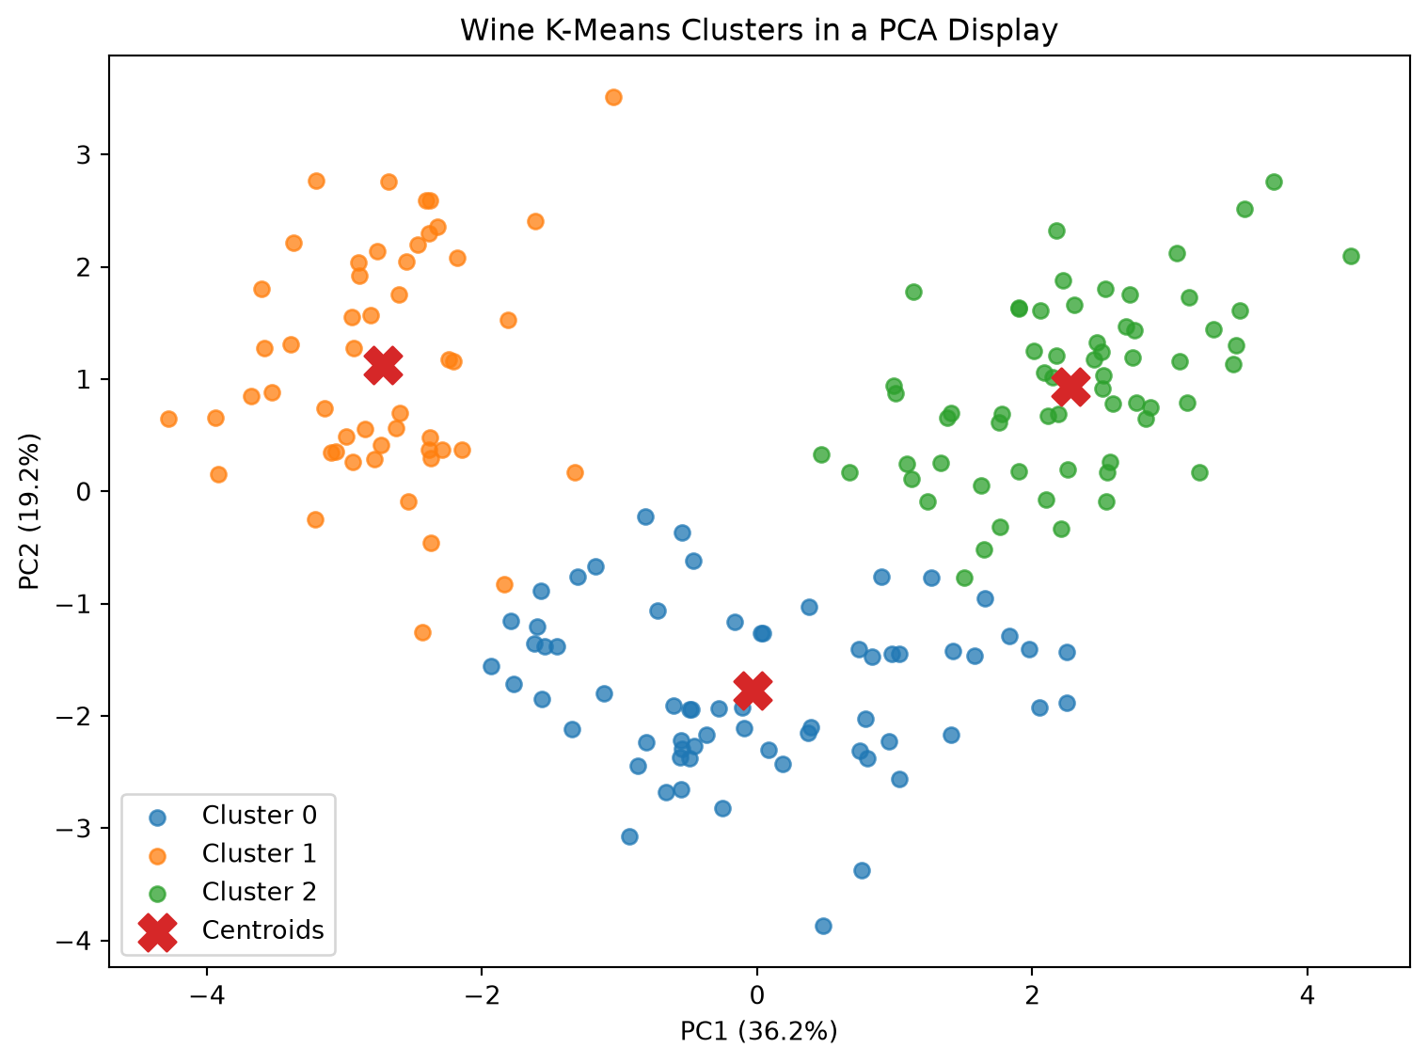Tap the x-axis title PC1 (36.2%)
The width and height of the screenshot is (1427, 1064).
pyautogui.click(x=758, y=1031)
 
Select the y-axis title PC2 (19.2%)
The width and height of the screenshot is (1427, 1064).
pyautogui.click(x=29, y=512)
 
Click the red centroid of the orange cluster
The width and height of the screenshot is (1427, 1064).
pyautogui.click(x=383, y=365)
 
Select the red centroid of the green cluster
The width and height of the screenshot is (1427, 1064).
pyautogui.click(x=1070, y=387)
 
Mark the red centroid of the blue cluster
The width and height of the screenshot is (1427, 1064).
pyautogui.click(x=753, y=691)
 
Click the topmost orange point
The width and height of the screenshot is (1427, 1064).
pyautogui.click(x=613, y=98)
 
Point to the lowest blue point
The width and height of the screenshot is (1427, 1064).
pyautogui.click(x=823, y=926)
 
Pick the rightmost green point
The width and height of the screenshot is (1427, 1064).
pyautogui.click(x=1351, y=256)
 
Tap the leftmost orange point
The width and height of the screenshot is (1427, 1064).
pyautogui.click(x=168, y=419)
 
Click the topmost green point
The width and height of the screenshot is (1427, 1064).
pyautogui.click(x=1274, y=182)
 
